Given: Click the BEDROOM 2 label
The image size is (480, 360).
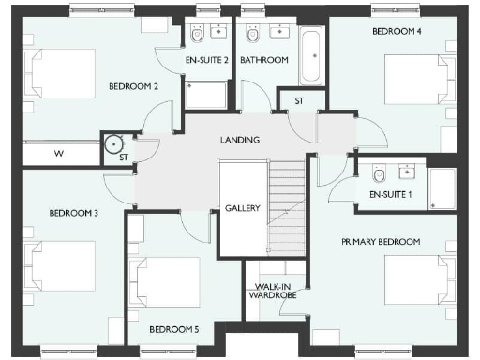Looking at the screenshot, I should [132, 87].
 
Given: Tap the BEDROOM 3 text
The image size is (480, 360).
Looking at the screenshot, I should [74, 213].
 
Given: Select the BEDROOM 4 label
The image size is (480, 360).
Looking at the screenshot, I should [397, 31].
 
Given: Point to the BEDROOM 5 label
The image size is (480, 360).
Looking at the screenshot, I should [174, 329].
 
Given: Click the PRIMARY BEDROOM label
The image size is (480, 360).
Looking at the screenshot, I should [380, 242].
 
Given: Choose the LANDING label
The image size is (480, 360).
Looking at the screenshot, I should [240, 140].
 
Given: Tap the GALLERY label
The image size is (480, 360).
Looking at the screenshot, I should [241, 208].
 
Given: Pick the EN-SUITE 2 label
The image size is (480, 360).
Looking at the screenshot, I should [206, 60].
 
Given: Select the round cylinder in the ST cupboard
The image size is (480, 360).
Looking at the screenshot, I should [113, 145].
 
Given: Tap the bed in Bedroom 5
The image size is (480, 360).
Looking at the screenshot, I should [168, 281].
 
